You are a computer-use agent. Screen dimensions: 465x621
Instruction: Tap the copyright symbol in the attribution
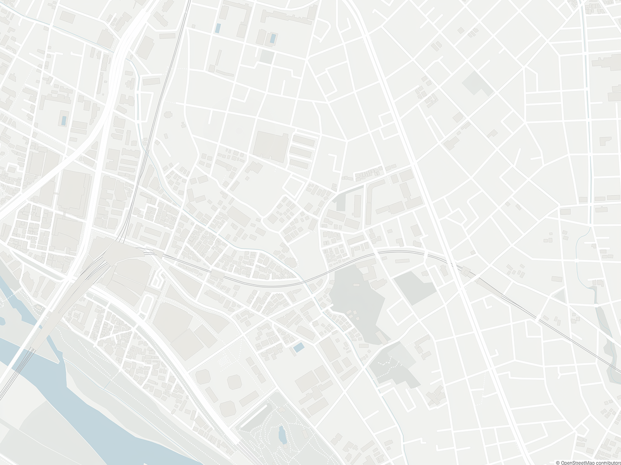pyautogui.click(x=558, y=462)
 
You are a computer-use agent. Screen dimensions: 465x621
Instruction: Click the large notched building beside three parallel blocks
pyautogui.click(x=270, y=145)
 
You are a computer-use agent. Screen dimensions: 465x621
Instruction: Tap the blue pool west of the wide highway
pyautogui.click(x=64, y=120)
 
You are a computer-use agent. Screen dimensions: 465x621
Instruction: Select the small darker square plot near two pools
pyautogui.click(x=266, y=56)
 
